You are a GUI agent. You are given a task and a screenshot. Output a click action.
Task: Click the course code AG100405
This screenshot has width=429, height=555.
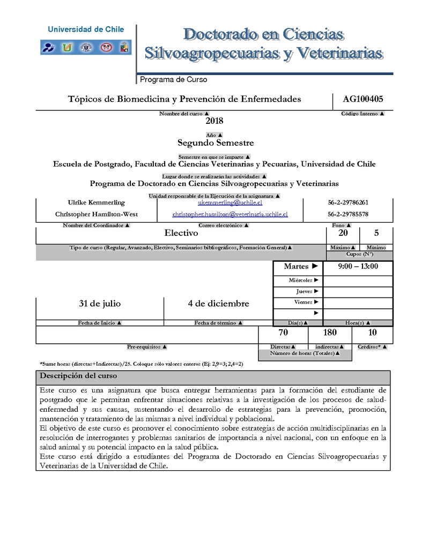tap(363, 99)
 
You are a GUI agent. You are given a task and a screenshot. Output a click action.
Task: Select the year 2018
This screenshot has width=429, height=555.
tap(214, 121)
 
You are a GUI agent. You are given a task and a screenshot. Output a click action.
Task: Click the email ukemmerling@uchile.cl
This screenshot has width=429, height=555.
tap(230, 203)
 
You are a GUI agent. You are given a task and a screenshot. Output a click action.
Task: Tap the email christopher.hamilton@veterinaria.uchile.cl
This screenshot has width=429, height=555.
tap(230, 214)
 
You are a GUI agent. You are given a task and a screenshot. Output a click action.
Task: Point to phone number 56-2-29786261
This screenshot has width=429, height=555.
tap(347, 203)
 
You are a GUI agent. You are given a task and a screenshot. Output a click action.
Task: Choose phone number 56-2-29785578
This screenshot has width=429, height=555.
tap(347, 214)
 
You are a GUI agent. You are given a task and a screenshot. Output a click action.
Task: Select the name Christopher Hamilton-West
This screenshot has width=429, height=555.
tap(97, 214)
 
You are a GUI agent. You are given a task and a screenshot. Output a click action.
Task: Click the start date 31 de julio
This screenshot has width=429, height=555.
tap(100, 304)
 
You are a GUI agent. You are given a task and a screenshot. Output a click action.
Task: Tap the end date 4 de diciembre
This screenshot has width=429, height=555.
tap(218, 304)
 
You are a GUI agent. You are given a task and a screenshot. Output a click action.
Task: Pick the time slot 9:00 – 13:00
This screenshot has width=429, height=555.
tap(358, 267)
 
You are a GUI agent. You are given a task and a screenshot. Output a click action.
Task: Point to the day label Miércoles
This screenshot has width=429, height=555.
tap(301, 280)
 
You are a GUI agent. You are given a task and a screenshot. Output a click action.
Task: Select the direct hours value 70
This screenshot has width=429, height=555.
tap(283, 333)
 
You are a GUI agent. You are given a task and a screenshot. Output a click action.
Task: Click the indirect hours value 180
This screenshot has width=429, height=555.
tap(330, 333)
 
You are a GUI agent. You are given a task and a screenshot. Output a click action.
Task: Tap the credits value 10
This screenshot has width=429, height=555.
tap(372, 333)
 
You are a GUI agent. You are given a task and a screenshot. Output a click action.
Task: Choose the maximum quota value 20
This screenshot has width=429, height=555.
tap(343, 233)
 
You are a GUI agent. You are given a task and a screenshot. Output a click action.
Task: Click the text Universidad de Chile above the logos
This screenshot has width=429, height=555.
tap(86, 30)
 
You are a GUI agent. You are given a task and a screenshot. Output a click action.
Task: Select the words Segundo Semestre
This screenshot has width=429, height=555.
tap(216, 143)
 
